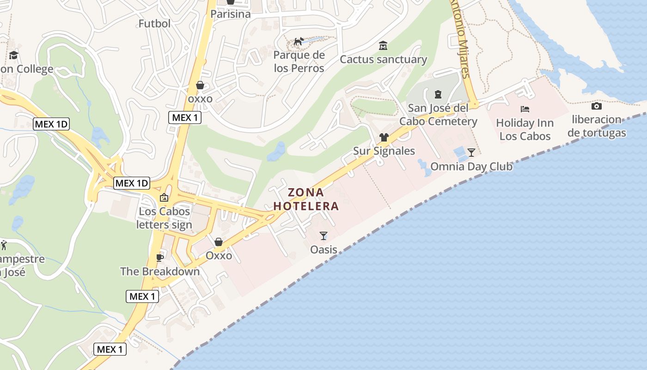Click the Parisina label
tap(230, 14)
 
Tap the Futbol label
tap(154, 23)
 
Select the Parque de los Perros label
tap(299, 62)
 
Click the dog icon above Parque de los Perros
tap(299, 42)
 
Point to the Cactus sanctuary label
tap(383, 59)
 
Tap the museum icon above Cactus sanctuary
tap(383, 46)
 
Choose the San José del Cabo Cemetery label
tap(438, 115)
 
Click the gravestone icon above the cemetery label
tap(438, 95)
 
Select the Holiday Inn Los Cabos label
tap(525, 129)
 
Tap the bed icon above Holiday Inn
tap(525, 109)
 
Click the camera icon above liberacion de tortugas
tap(597, 106)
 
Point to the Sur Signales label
tap(384, 151)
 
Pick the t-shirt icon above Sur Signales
tap(384, 137)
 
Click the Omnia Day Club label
tap(471, 166)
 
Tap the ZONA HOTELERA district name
tap(306, 199)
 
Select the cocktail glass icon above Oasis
tap(323, 236)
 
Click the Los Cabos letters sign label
tap(164, 218)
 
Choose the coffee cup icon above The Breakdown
tap(160, 258)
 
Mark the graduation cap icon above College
tap(13, 55)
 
